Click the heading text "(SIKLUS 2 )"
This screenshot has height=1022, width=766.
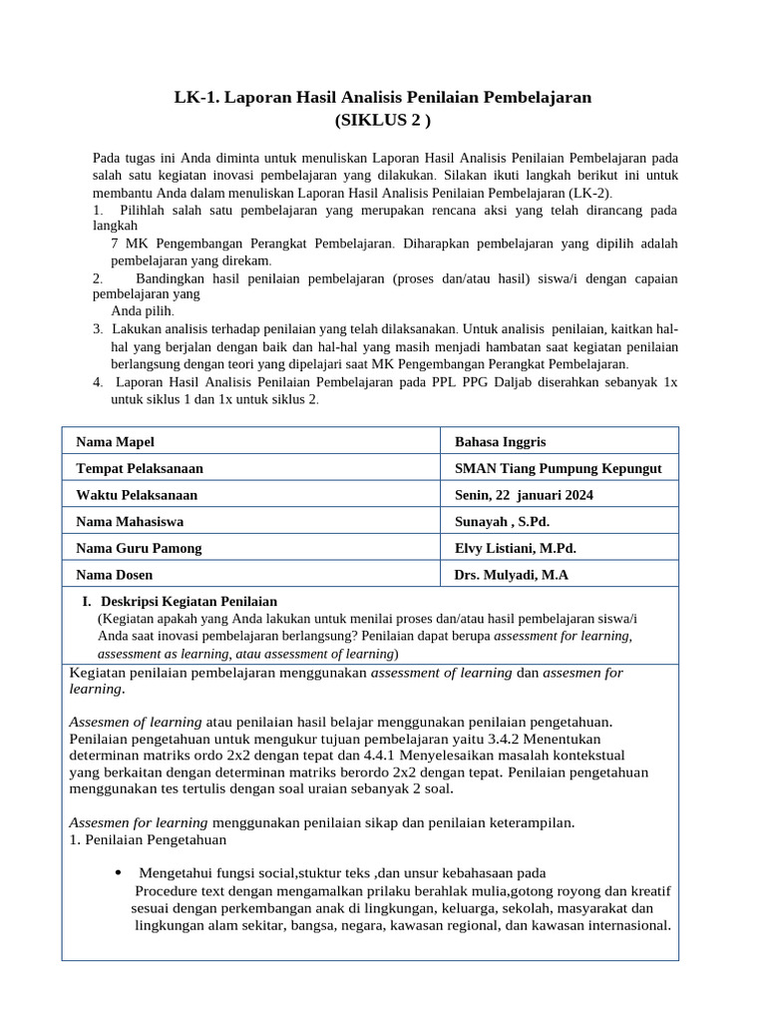tap(383, 121)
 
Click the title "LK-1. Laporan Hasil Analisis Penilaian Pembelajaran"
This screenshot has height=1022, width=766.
tap(383, 97)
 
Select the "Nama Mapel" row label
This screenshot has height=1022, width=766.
tap(115, 442)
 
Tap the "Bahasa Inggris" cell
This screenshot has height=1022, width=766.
tap(500, 442)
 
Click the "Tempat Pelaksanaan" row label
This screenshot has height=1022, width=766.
tap(140, 468)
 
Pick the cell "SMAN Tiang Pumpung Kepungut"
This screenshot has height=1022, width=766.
tap(558, 468)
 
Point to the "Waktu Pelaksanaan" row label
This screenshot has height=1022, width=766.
tap(137, 495)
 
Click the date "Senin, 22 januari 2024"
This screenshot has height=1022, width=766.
tap(524, 495)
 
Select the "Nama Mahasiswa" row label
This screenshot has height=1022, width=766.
tap(130, 521)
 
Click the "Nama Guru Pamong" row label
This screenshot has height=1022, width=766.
tap(139, 548)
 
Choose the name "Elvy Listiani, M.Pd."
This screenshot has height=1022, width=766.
tap(516, 548)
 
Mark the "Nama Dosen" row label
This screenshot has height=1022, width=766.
tap(115, 575)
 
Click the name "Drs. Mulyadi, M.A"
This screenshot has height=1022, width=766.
tap(511, 575)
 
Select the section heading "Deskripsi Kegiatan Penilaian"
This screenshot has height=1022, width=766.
tap(189, 601)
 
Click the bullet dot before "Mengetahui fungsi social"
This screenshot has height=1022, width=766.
tap(120, 872)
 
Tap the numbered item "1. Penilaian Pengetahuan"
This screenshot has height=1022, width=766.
tap(135, 839)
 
